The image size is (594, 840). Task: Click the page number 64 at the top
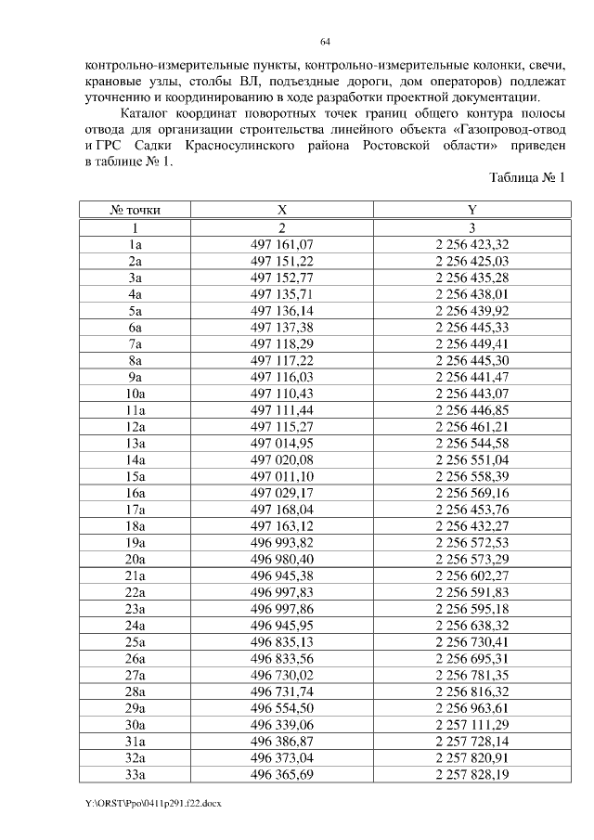point(326,42)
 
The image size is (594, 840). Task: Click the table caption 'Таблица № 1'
point(526,177)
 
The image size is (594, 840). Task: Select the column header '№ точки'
point(136,211)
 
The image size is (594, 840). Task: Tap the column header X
point(282,211)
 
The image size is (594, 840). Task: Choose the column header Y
point(471,211)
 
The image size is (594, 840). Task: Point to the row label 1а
point(136,244)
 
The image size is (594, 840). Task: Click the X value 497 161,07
point(282,244)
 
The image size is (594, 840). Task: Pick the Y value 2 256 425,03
point(471,261)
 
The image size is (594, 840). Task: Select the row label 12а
point(136,428)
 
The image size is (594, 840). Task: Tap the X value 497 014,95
point(282,445)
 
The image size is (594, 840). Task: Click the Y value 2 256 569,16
point(471,495)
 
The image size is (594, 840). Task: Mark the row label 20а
point(136,562)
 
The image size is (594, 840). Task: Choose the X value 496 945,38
point(282,578)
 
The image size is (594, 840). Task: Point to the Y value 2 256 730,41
point(471,645)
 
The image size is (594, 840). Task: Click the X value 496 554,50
point(282,712)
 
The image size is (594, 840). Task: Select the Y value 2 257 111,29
point(471,729)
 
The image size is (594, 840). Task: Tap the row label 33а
point(136,779)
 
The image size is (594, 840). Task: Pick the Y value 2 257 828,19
point(471,779)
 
